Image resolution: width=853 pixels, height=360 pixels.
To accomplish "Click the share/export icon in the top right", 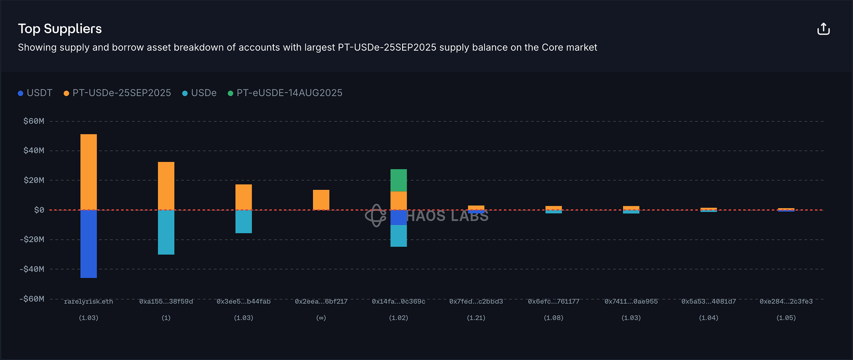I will [823, 29].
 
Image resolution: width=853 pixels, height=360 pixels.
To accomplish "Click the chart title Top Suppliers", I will [60, 29].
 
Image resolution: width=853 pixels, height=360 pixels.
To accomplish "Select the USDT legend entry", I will [35, 93].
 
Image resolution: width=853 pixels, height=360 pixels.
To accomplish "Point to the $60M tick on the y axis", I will [34, 121].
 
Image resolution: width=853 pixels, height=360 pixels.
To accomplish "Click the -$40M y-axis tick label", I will [32, 269].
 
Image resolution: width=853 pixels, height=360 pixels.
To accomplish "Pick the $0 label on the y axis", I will [39, 210].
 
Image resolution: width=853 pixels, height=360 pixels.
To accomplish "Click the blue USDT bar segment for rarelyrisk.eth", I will [89, 244].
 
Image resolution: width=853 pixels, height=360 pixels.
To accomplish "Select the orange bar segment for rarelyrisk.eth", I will [89, 172].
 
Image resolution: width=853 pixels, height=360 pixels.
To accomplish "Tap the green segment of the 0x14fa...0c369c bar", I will [399, 180].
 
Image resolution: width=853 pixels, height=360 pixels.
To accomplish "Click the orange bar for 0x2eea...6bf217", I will [321, 200].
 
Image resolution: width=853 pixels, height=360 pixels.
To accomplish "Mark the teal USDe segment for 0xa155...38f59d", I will [166, 232].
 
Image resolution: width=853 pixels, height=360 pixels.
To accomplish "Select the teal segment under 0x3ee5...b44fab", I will [244, 222].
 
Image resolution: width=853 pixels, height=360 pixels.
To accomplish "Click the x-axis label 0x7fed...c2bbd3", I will [476, 302].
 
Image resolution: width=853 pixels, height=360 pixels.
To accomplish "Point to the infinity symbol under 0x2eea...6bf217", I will [321, 318].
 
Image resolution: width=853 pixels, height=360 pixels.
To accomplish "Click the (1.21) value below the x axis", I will [476, 318].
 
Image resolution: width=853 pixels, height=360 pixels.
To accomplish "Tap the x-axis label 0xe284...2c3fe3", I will [786, 302].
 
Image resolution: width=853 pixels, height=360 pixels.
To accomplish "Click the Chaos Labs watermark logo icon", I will [375, 215].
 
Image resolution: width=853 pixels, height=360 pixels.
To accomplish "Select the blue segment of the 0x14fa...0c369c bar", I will [399, 218].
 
